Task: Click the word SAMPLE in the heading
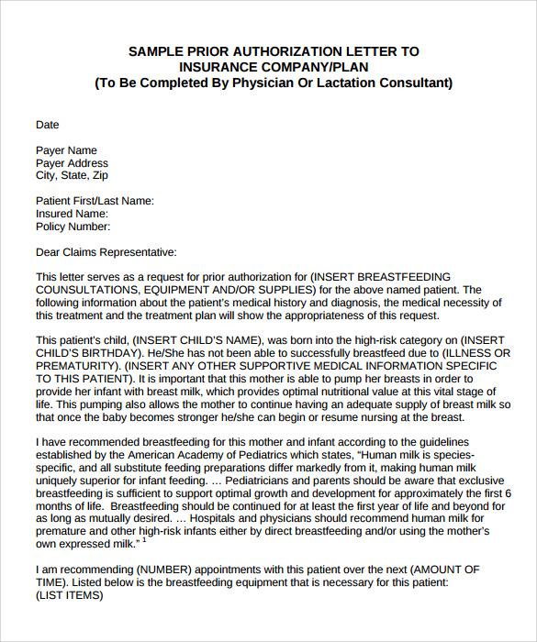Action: pos(152,51)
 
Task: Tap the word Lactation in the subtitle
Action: pos(337,83)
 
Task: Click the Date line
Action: pos(47,125)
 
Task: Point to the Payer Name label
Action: pos(66,150)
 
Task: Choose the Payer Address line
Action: pos(72,163)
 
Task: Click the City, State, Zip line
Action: pos(72,176)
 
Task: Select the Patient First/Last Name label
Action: pos(95,201)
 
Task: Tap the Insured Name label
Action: pos(72,214)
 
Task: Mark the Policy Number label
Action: pos(73,227)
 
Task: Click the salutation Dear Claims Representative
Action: pos(106,252)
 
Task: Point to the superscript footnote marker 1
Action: pos(145,540)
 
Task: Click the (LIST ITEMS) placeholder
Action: pos(70,594)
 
